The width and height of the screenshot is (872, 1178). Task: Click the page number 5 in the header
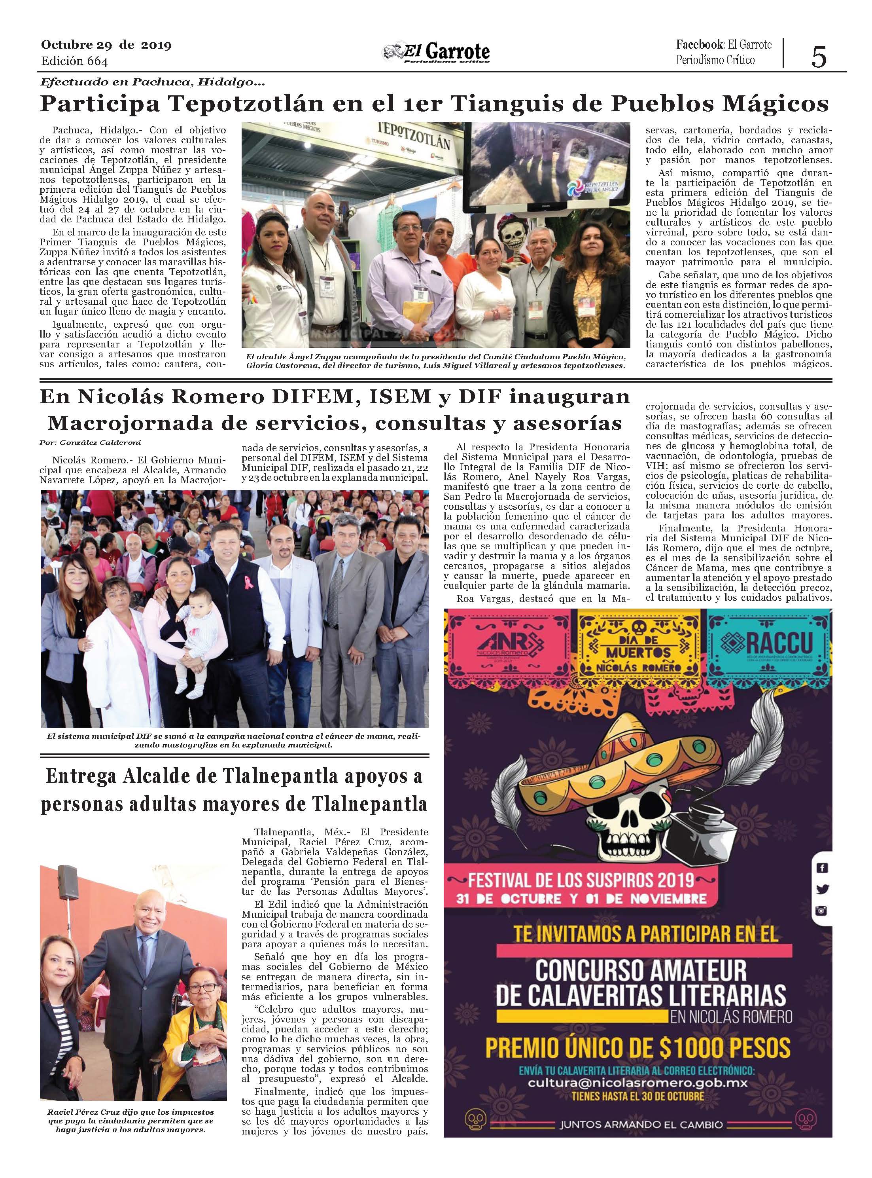(x=819, y=57)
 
